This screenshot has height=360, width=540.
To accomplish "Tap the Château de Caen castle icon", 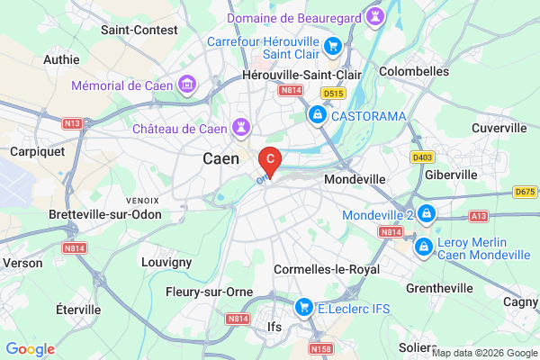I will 241,129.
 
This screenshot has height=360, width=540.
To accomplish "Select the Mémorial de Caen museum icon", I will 187,85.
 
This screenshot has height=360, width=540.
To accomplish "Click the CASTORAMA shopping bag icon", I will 317,115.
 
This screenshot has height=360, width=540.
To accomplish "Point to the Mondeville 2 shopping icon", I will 427,215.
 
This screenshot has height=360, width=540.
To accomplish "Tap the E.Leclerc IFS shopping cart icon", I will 304,308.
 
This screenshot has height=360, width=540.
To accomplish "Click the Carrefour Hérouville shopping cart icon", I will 333,45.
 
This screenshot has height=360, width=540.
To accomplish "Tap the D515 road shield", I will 334,93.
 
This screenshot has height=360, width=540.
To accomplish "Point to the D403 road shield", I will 422,157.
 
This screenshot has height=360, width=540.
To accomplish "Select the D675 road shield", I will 525,192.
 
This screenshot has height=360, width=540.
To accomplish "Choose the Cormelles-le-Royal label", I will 326,269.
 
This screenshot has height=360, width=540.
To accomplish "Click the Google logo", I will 30,349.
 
